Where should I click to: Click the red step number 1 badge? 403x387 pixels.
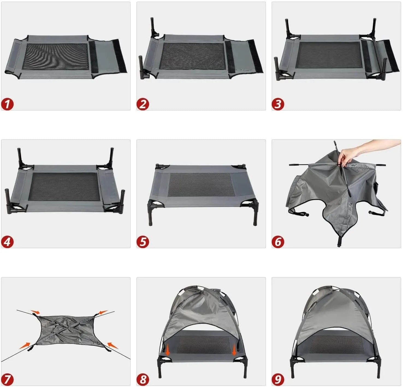pyautogui.click(x=7, y=104)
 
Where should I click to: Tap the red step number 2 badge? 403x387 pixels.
pyautogui.click(x=143, y=104)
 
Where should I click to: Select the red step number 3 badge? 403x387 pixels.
pyautogui.click(x=278, y=104)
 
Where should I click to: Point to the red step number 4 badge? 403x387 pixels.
pyautogui.click(x=7, y=242)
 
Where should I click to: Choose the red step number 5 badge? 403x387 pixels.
pyautogui.click(x=143, y=242)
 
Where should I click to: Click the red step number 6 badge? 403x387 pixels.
pyautogui.click(x=278, y=242)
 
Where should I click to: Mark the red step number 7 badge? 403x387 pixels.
pyautogui.click(x=7, y=379)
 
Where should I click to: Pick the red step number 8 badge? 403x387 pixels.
pyautogui.click(x=143, y=379)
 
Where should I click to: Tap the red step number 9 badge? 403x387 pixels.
pyautogui.click(x=278, y=379)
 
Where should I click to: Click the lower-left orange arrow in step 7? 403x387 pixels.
pyautogui.click(x=25, y=346)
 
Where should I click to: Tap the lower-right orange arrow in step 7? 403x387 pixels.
pyautogui.click(x=112, y=346)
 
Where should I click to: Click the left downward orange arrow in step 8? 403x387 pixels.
pyautogui.click(x=167, y=352)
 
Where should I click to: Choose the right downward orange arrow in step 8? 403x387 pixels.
pyautogui.click(x=234, y=352)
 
